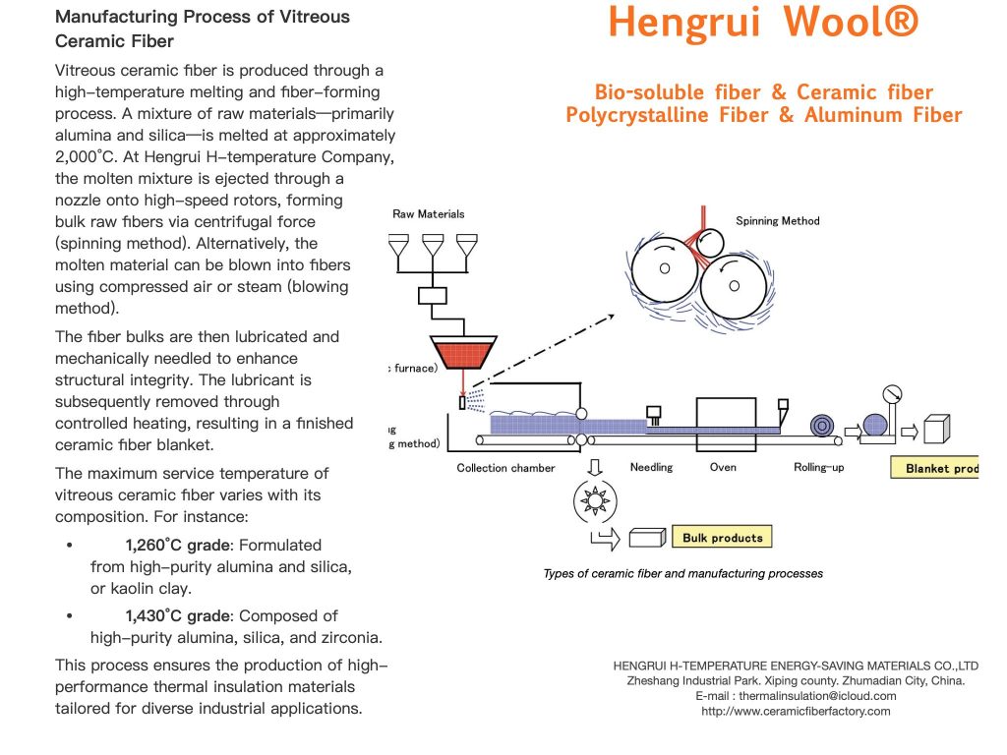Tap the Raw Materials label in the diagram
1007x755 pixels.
(x=428, y=213)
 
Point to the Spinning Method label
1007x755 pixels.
(x=777, y=221)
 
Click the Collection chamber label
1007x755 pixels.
(x=505, y=468)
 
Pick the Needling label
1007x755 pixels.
(x=651, y=467)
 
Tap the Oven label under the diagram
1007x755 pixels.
(x=723, y=467)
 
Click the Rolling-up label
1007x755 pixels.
(x=818, y=467)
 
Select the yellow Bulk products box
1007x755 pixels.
(x=723, y=538)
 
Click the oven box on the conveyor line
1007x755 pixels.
(x=726, y=416)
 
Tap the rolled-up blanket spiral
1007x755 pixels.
(x=822, y=426)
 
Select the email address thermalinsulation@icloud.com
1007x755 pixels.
(x=796, y=696)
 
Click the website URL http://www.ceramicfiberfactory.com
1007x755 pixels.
(x=796, y=711)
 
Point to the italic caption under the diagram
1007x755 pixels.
(x=682, y=573)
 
